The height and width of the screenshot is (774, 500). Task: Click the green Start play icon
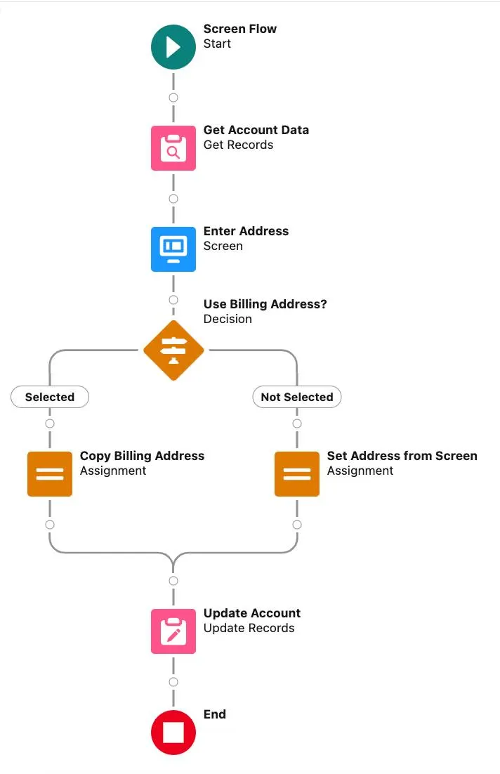point(173,47)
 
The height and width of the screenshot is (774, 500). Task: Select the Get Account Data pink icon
point(173,148)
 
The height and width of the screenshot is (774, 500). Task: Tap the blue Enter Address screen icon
point(173,249)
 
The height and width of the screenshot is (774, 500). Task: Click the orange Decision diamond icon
point(173,350)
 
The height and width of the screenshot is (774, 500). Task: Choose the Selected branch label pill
point(50,397)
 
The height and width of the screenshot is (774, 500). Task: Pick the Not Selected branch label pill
point(297,397)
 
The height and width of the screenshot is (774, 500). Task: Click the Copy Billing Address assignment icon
point(50,474)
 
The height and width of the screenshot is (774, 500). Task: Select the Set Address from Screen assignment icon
point(297,474)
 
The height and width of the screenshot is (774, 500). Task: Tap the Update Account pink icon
point(173,631)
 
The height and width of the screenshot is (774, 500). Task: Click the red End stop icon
point(173,733)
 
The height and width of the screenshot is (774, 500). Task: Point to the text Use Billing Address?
point(265,304)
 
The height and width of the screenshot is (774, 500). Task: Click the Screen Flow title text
point(239,29)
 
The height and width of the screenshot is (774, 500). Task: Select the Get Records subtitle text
point(238,145)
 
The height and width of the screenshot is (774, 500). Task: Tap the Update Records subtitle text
point(249,628)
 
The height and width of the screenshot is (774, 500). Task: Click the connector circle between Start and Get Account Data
point(173,98)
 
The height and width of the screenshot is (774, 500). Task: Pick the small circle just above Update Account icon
point(173,581)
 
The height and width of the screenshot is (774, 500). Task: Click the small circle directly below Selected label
point(50,424)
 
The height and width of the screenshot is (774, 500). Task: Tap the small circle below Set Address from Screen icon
point(297,525)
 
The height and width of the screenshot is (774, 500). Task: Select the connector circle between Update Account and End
point(173,682)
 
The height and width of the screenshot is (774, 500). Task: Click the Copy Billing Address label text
point(142,456)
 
